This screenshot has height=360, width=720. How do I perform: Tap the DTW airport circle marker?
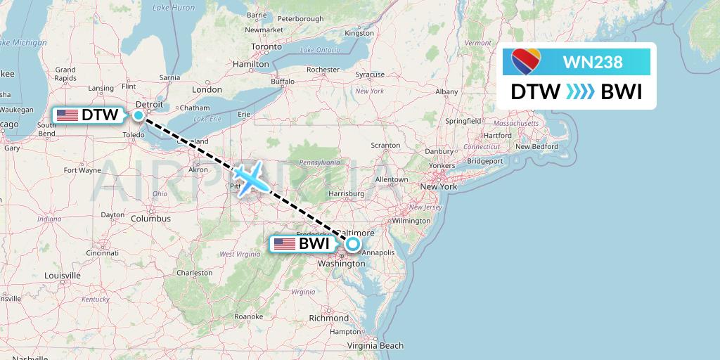(139, 115)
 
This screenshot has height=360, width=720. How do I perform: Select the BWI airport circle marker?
(352, 244)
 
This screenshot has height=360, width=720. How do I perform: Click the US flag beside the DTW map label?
(67, 115)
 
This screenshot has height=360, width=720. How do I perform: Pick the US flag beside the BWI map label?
(284, 244)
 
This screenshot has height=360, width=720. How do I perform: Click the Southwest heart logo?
(525, 62)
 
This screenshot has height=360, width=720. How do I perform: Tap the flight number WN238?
(593, 62)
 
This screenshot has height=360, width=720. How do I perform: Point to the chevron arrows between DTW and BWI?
(581, 92)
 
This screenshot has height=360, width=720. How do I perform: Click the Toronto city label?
(266, 47)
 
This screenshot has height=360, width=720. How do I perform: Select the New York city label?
(438, 186)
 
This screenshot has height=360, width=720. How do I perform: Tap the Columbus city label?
(150, 219)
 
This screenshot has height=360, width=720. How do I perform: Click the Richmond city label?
(328, 318)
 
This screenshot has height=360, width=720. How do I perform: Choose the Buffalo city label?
(283, 82)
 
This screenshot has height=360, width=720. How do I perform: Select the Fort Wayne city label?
(82, 170)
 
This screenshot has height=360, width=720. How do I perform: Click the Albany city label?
(446, 91)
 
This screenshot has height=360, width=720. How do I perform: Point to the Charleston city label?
(194, 272)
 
